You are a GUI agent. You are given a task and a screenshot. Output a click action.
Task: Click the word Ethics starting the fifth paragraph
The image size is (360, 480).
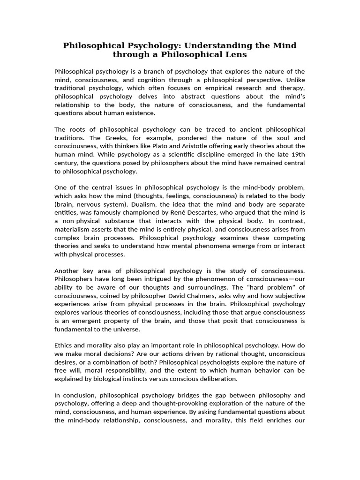click(x=64, y=345)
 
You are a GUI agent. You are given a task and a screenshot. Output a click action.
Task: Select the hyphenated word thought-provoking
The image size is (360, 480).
click(x=195, y=404)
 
